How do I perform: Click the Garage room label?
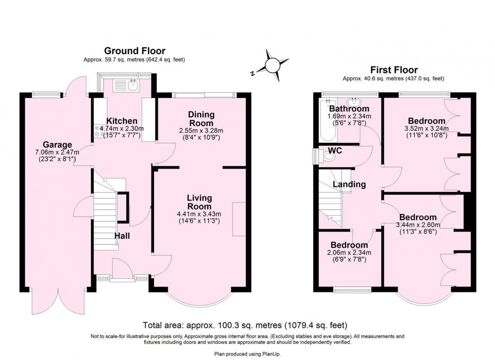57,145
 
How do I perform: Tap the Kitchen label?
122,121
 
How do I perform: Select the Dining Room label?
201,119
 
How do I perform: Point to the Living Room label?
199,202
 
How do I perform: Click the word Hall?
122,236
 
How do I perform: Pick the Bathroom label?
349,109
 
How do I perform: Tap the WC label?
335,151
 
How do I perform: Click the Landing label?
349,184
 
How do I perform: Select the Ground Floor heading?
135,51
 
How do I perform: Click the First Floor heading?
394,69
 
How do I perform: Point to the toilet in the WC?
328,155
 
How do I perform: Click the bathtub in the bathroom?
328,119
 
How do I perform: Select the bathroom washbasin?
355,103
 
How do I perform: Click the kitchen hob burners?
99,131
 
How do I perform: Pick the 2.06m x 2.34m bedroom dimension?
349,253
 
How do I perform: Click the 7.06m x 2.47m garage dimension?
57,152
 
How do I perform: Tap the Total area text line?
245,325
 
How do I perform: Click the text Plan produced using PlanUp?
247,354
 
